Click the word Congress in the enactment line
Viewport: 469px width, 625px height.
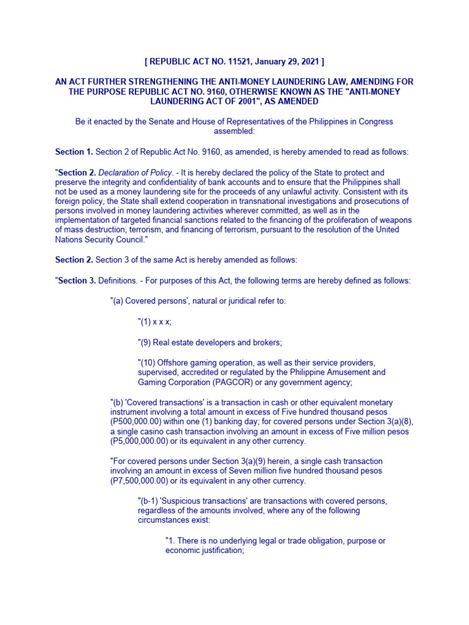click(376, 121)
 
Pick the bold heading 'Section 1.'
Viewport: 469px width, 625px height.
click(74, 151)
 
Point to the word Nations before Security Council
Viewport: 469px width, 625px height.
click(69, 239)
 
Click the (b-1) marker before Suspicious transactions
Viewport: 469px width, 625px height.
click(151, 501)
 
